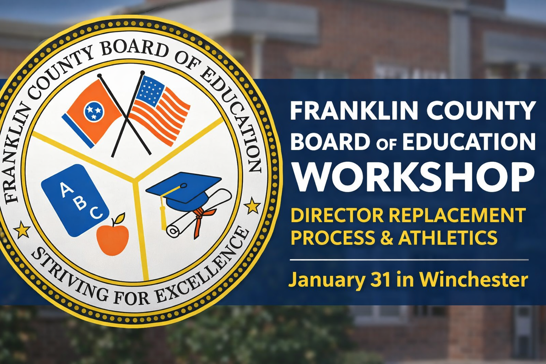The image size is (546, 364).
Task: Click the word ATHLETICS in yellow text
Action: click(x=448, y=237)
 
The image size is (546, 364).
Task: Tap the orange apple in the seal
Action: click(x=112, y=235)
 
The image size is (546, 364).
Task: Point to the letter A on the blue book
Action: click(x=65, y=191)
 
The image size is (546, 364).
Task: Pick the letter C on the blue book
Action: click(x=97, y=213)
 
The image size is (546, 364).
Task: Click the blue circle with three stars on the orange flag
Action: click(x=93, y=111)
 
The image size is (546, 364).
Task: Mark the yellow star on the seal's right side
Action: click(x=252, y=206)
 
